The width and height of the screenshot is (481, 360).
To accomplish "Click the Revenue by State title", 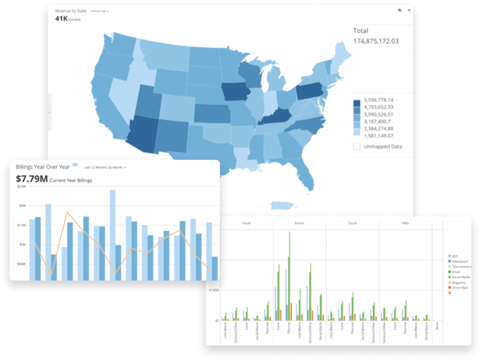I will tap(70, 10).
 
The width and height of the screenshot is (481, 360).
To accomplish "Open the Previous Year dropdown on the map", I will tap(100, 11).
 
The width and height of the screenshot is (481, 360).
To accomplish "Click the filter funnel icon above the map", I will tap(409, 10).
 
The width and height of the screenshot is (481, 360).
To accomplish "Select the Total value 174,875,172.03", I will tap(376, 41).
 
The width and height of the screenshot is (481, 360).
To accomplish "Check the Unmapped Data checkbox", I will tap(357, 147).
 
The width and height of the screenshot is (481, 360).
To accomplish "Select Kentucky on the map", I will tap(277, 116).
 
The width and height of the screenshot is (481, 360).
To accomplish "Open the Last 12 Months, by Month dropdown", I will tap(105, 167).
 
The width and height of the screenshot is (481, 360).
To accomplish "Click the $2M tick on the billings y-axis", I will tap(23, 206).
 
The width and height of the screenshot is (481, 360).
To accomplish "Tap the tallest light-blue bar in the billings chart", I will tap(113, 235).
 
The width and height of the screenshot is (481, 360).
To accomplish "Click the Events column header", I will tap(299, 224).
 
